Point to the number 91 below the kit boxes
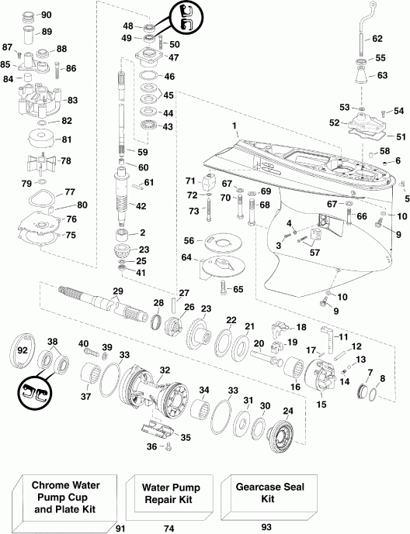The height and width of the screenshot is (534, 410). click(119, 527)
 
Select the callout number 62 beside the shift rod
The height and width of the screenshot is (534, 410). click(377, 38)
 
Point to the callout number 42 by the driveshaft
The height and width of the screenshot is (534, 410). click(141, 205)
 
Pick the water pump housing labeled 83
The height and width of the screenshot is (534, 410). click(38, 102)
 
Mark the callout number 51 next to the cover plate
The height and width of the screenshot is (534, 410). click(380, 136)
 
